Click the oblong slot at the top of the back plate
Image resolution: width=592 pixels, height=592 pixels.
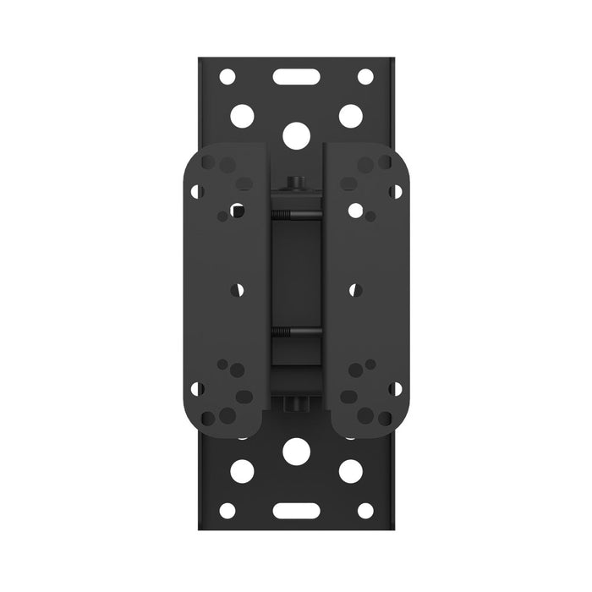[x=295, y=76]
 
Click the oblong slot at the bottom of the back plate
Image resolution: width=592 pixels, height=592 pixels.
[x=295, y=511]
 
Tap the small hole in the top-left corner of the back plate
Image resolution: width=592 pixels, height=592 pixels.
[x=227, y=76]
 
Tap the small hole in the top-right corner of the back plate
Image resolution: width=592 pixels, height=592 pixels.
[x=365, y=76]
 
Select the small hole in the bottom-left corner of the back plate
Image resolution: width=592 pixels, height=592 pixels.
[x=227, y=511]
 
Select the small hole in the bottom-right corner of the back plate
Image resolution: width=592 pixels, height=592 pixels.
[x=365, y=511]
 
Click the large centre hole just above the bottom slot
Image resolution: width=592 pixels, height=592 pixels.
[x=296, y=452]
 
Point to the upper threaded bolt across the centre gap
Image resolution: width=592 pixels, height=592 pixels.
[x=295, y=217]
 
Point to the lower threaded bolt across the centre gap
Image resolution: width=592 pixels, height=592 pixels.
[x=295, y=331]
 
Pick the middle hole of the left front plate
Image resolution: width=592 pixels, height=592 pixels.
[x=238, y=289]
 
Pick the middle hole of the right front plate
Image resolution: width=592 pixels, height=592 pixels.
[x=354, y=289]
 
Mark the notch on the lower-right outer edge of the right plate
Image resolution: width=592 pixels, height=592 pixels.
[x=395, y=389]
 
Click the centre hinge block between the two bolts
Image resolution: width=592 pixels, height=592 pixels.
[x=295, y=275]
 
